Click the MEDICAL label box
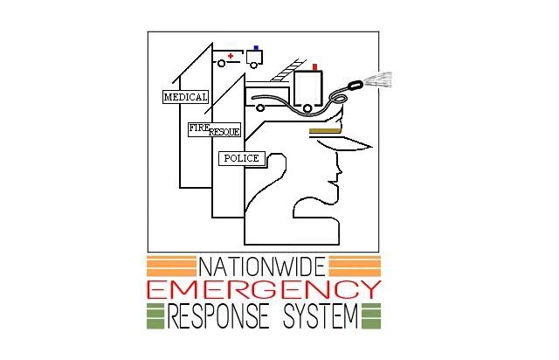186,97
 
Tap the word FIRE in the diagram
199,128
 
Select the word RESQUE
224,132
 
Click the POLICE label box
241,158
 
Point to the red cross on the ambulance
231,57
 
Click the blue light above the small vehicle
256,48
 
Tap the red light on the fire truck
314,66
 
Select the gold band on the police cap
324,129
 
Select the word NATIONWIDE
263,266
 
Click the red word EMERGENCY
264,290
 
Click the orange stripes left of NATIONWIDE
171,266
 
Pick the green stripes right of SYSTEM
370,315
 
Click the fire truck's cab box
308,88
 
